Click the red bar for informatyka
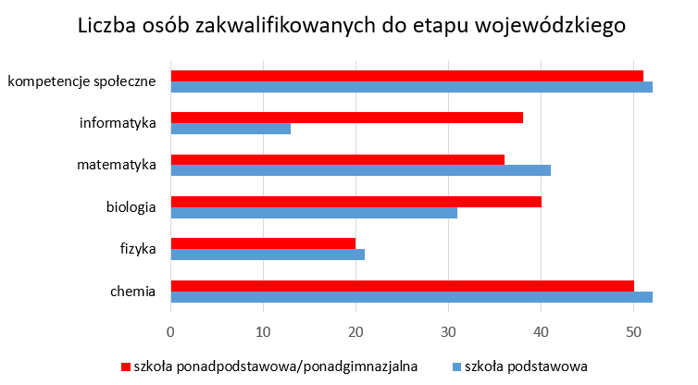347,118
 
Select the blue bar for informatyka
231,129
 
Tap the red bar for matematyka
338,159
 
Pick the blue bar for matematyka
361,170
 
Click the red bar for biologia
356,202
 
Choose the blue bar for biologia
315,213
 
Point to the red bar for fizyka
264,243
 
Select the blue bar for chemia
412,296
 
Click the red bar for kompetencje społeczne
407,75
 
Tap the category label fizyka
137,249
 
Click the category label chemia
132,292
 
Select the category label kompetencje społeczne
81,81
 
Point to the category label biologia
131,207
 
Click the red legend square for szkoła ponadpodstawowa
126,365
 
